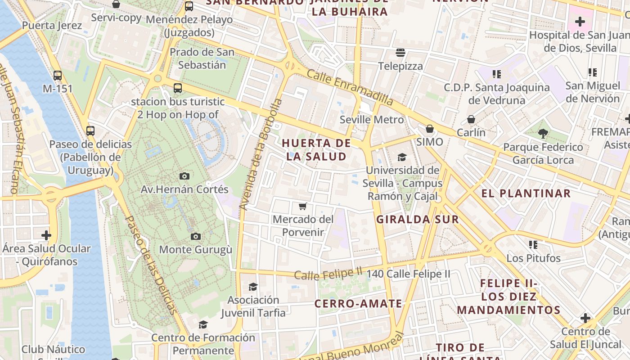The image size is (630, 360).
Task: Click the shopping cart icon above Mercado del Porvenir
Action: coord(303,207)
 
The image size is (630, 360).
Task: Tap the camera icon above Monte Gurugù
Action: coord(195,236)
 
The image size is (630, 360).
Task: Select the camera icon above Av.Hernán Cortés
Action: coord(184,176)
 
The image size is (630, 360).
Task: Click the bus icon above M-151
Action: coord(58,75)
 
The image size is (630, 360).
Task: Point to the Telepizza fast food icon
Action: coord(400,53)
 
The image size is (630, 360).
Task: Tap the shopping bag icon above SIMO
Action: coord(430,129)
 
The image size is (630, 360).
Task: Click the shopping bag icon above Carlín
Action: coord(471,119)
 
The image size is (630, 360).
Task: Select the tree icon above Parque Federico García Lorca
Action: coord(543,133)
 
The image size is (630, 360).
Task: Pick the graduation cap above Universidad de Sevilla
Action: coord(402,157)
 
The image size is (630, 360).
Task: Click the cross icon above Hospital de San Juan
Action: coord(580,21)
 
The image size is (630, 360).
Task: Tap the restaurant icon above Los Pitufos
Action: coord(533,245)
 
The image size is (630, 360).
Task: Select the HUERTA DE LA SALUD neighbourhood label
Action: coord(316,150)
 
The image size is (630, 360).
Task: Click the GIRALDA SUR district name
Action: coord(418,220)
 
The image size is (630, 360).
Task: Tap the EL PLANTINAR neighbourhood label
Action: coord(526,193)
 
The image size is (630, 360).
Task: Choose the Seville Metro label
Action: coord(372,120)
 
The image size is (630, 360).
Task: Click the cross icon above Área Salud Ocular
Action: coord(46,235)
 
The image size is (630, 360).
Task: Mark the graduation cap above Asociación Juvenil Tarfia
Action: coord(253,287)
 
